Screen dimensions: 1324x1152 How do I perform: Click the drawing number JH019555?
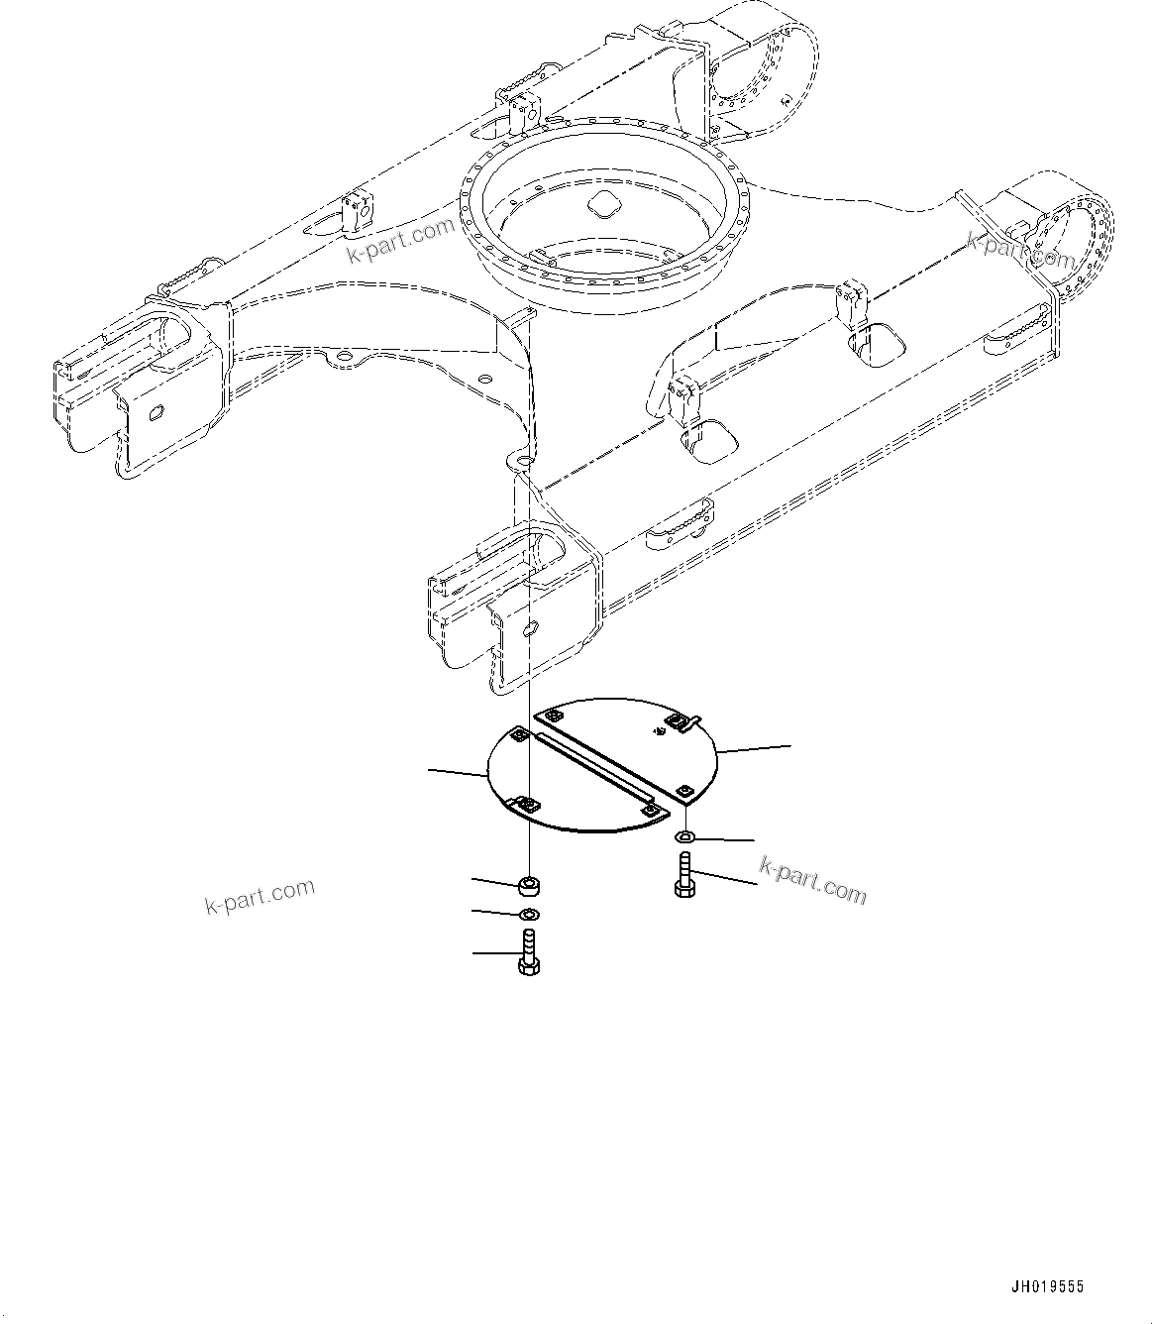(1047, 1286)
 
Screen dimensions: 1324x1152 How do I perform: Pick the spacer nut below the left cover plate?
(530, 883)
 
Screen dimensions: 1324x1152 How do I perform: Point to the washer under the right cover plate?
(685, 838)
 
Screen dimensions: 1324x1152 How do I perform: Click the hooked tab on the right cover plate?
(696, 719)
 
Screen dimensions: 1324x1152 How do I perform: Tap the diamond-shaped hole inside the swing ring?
(601, 205)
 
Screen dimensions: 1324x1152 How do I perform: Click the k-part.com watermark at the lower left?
(260, 896)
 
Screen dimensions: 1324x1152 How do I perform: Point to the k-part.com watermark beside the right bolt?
(812, 880)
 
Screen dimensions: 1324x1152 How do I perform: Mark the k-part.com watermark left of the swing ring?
(399, 241)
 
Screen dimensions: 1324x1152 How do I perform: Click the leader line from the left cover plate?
(457, 771)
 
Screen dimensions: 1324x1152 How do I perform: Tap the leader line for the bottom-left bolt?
(494, 953)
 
